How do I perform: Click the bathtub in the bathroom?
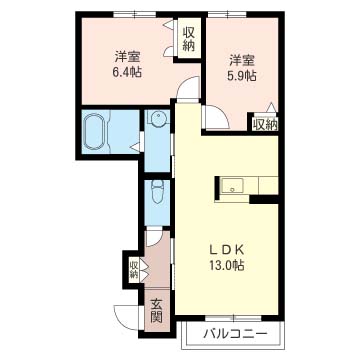coord(95,132)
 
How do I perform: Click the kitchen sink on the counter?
coord(233,185)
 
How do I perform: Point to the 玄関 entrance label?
coord(156,311)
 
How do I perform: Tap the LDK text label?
coord(228,249)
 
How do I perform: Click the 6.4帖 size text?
coord(127,72)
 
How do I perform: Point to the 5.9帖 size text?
coord(242,76)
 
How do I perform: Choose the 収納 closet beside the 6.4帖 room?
coord(188,39)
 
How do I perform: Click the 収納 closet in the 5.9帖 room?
coord(265,124)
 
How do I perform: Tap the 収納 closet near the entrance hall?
coord(134,269)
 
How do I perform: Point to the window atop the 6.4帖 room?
coord(135,14)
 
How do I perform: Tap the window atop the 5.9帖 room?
coord(227,14)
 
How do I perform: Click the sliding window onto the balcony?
coord(233,318)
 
